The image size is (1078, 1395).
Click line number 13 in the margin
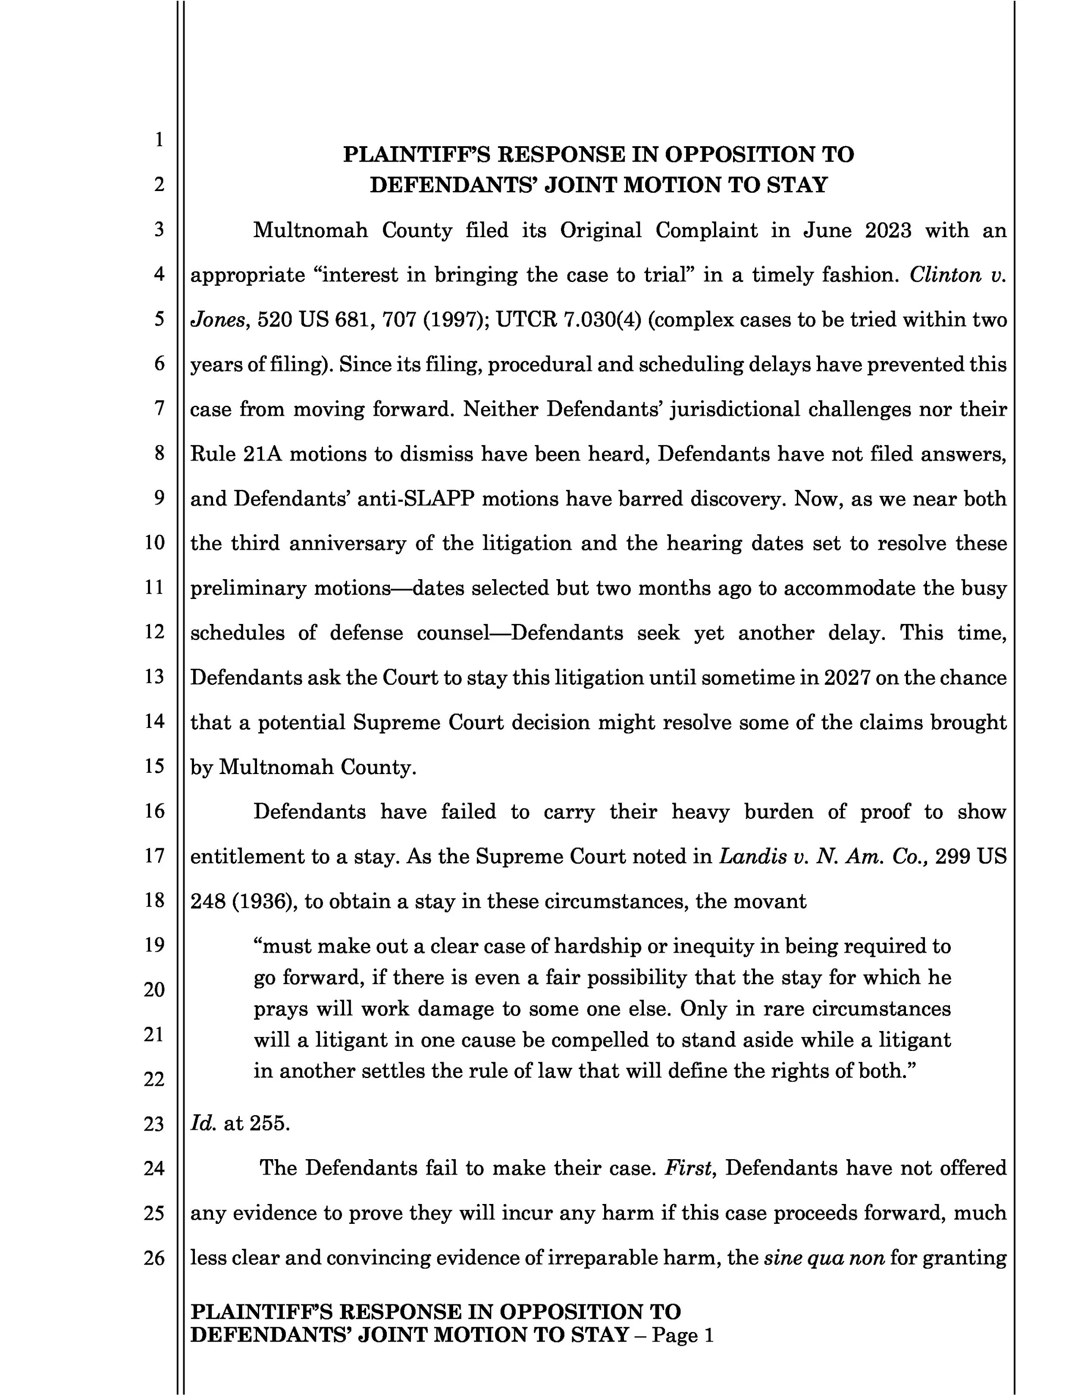click(x=154, y=677)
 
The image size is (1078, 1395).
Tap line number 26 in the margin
click(x=154, y=1258)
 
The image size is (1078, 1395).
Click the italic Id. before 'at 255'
click(x=203, y=1123)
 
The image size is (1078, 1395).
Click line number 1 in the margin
click(x=158, y=139)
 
